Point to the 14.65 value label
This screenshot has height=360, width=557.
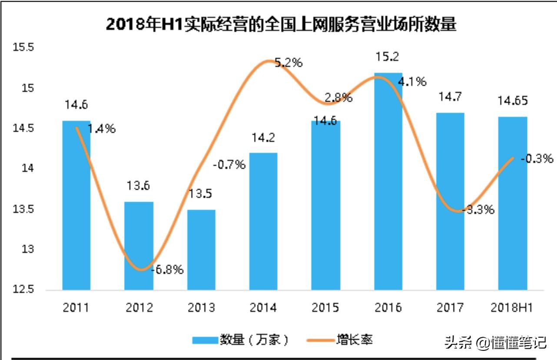(513, 101)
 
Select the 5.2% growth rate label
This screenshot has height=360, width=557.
(288, 63)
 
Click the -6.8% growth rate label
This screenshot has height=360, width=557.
(167, 270)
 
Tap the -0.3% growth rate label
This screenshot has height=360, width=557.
(537, 159)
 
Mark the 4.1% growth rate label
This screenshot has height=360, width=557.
(413, 81)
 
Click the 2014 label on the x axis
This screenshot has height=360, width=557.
(263, 308)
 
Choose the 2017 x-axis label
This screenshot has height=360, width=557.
(450, 308)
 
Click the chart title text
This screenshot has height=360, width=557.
(281, 24)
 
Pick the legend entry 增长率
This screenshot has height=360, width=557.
(339, 340)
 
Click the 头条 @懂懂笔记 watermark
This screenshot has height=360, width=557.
(495, 343)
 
